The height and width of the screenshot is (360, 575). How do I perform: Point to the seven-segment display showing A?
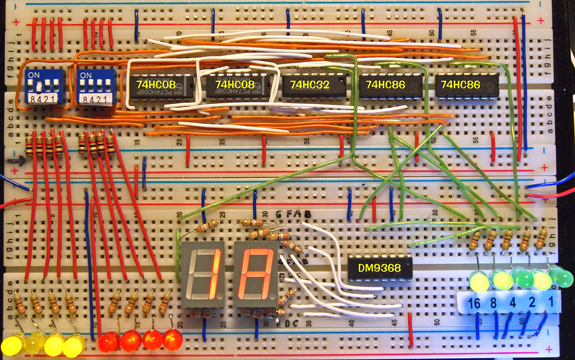(255, 274)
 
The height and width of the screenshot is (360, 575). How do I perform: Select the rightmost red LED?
(172, 340)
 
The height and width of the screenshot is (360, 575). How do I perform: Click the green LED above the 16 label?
(479, 281)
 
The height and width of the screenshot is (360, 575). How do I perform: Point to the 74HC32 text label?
(310, 84)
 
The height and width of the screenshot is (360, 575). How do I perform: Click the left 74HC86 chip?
(391, 85)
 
